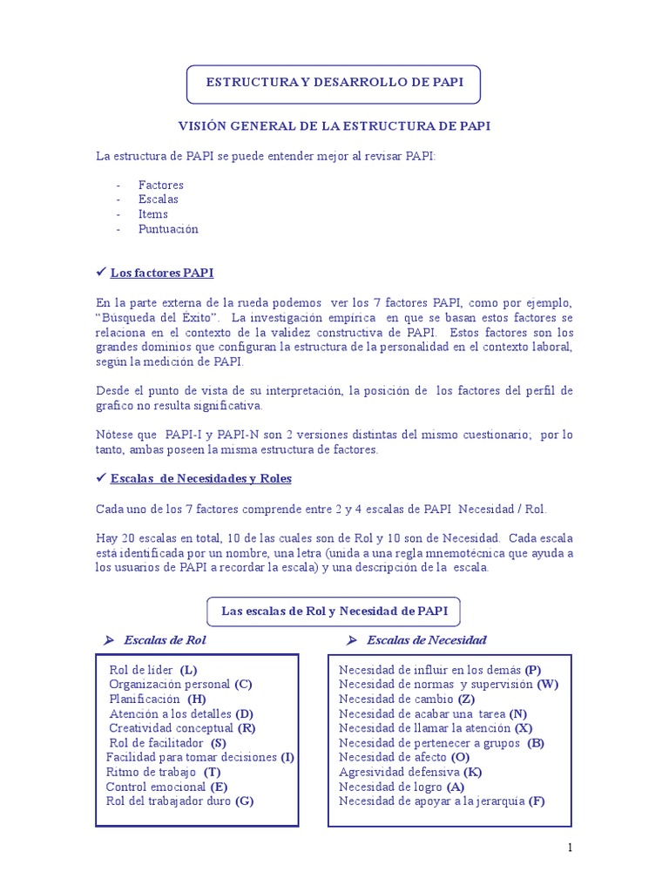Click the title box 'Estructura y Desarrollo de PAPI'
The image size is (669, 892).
click(x=334, y=83)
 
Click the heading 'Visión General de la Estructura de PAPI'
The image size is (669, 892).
click(x=334, y=126)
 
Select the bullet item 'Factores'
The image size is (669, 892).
click(x=160, y=185)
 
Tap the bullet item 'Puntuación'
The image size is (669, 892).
click(x=168, y=229)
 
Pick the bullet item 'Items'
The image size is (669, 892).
click(x=152, y=214)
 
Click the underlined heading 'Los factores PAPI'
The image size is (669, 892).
click(x=161, y=273)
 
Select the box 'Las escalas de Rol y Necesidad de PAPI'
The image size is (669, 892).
click(x=334, y=612)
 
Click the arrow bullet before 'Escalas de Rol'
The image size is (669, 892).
click(x=109, y=640)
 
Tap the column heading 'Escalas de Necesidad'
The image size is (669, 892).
click(x=427, y=640)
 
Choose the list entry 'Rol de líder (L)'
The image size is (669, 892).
click(x=153, y=670)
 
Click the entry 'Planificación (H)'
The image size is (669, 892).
click(x=158, y=699)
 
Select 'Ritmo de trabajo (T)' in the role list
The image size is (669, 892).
click(x=163, y=772)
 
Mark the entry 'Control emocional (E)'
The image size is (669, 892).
click(x=166, y=787)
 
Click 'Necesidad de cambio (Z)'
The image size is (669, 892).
click(x=406, y=699)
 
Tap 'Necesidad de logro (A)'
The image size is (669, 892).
click(x=402, y=787)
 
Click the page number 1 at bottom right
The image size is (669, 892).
click(x=570, y=848)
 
